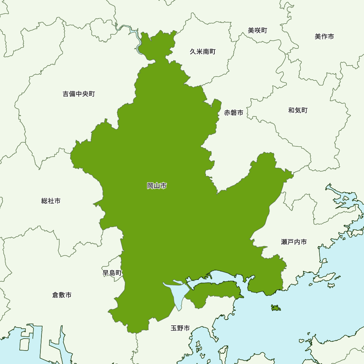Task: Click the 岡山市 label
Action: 157,186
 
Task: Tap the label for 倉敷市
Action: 62,295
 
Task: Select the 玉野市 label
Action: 180,328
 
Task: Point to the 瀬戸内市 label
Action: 294,242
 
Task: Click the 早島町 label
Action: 112,273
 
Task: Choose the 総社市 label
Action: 51,201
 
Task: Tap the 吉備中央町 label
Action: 79,94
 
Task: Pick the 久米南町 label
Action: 203,52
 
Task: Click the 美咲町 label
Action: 258,31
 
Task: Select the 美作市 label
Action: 324,36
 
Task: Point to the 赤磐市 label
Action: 234,113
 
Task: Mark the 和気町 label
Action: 298,110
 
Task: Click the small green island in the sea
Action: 276,308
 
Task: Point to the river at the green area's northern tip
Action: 137,38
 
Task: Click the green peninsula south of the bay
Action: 215,293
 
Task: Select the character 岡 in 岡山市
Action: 150,186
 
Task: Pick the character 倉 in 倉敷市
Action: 55,295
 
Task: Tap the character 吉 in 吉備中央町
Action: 66,94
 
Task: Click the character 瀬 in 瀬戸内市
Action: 284,242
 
